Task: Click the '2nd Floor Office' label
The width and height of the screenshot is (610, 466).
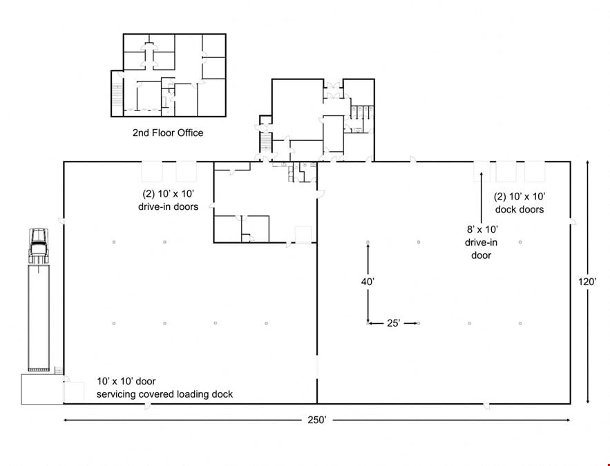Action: [168, 133]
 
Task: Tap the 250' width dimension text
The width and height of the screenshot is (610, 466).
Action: [317, 420]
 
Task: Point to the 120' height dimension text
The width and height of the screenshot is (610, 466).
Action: [587, 282]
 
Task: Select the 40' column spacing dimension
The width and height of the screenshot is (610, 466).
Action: [368, 282]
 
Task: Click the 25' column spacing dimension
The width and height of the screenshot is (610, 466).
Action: [393, 323]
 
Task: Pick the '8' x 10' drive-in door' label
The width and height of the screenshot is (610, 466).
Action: [482, 242]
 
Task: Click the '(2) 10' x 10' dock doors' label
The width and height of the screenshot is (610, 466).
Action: [520, 203]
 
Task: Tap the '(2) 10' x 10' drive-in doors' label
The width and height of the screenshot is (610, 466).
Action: [168, 200]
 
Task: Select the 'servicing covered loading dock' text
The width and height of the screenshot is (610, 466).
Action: [164, 394]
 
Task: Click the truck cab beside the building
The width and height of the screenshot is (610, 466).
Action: [39, 246]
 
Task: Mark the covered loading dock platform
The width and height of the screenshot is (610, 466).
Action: [42, 389]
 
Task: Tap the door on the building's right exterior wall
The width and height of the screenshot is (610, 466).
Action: [573, 222]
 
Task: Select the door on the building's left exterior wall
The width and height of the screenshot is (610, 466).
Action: [61, 220]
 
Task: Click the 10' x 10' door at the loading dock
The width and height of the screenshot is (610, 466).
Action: [74, 393]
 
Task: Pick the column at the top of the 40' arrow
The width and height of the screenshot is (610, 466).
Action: [368, 242]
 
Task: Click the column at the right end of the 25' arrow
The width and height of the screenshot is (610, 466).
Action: [419, 323]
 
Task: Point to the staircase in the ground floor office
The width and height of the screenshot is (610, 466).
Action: [265, 143]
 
